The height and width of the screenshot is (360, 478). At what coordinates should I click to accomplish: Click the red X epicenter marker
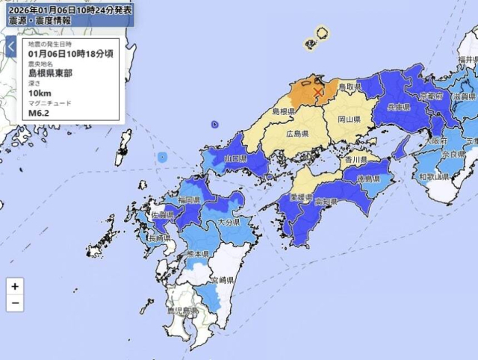pos(318,91)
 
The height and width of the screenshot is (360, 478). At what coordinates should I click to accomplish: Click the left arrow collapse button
pos(11,47)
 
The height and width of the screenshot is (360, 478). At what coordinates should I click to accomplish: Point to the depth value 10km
pos(40,93)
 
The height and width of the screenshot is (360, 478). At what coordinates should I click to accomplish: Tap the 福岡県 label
pos(189,200)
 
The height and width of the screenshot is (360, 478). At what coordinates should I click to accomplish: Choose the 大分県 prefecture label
pos(228,223)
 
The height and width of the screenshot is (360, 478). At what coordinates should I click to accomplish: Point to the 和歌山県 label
pos(433,177)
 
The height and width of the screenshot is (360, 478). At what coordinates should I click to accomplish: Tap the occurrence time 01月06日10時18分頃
pos(71,55)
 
